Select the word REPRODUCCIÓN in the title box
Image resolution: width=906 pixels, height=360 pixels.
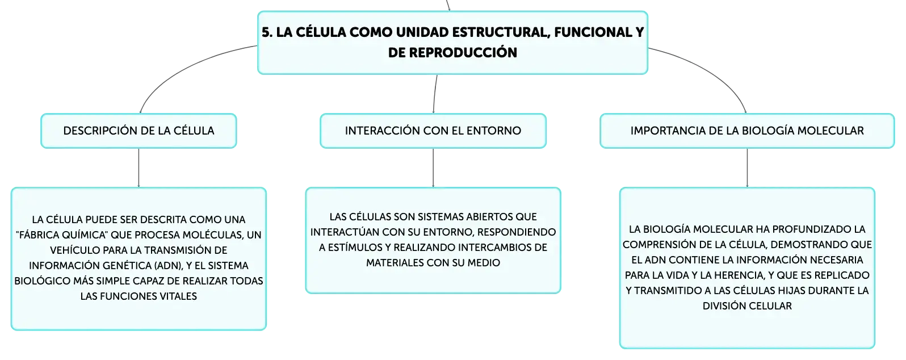[463, 53]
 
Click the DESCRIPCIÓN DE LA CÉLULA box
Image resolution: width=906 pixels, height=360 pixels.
[139, 131]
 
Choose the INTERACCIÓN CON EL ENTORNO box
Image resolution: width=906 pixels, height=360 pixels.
[433, 131]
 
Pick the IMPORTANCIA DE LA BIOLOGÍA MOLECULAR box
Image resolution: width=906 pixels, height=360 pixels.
[747, 131]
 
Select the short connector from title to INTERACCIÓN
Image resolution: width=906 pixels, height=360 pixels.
[434, 94]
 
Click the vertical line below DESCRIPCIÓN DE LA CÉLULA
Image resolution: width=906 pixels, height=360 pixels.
[139, 168]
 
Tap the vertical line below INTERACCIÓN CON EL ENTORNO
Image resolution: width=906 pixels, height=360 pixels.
[433, 168]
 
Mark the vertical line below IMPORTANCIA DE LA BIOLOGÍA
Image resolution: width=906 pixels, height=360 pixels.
[747, 168]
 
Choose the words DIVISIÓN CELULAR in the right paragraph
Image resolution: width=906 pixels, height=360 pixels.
[747, 306]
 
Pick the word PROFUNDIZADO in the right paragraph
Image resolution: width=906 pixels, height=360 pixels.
[806, 229]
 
